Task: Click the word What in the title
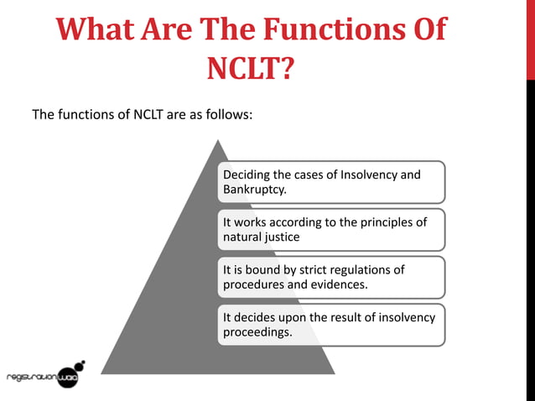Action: [97, 29]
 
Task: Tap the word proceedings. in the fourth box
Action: [257, 333]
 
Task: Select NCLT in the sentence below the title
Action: [148, 115]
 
